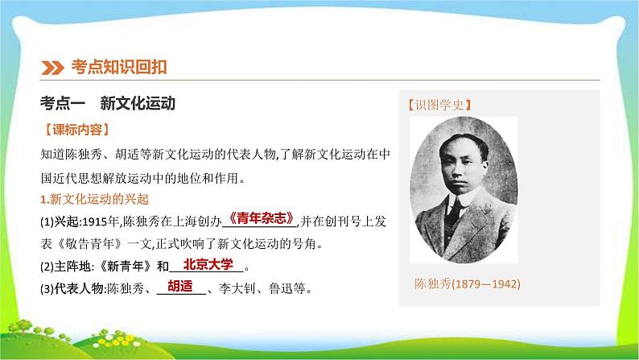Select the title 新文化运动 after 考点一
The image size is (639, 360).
click(138, 103)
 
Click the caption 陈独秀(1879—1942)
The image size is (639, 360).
click(464, 284)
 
